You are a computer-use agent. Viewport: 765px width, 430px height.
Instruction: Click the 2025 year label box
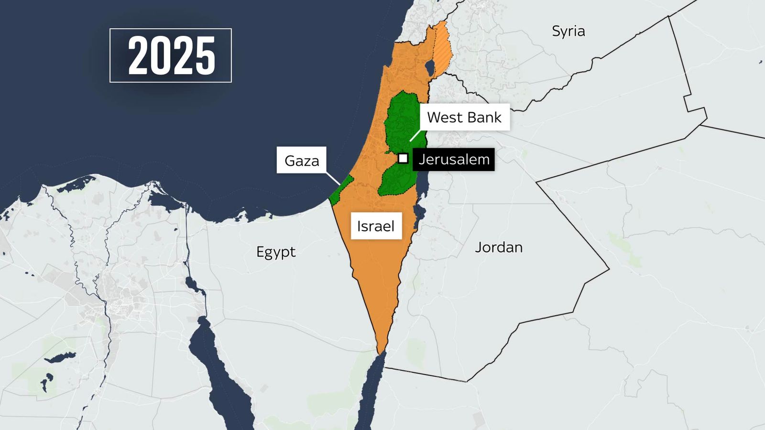click(171, 55)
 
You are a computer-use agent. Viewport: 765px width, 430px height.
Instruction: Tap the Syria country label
click(568, 32)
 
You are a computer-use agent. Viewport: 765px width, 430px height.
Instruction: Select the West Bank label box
click(464, 118)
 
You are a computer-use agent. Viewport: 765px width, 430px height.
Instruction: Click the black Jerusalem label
click(454, 159)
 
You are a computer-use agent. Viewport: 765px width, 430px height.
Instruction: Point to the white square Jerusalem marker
click(403, 158)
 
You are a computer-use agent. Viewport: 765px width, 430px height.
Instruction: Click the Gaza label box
click(302, 161)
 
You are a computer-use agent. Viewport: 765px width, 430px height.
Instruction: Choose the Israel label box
click(376, 226)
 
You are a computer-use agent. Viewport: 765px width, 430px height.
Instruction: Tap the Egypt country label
click(276, 252)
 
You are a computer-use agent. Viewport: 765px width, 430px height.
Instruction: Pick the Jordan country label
click(499, 247)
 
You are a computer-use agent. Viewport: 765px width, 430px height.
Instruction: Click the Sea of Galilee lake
click(430, 67)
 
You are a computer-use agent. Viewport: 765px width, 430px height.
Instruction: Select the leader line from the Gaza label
click(333, 178)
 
